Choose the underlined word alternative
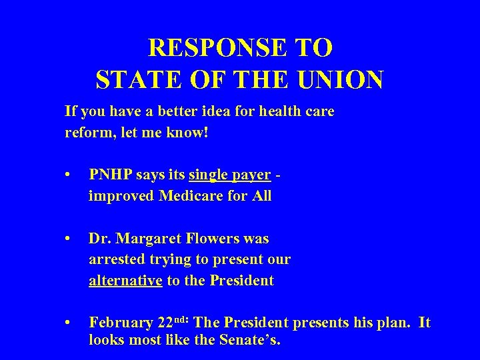click(x=126, y=281)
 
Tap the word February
click(x=121, y=323)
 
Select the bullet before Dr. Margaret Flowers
click(x=69, y=239)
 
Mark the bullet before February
click(x=69, y=323)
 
